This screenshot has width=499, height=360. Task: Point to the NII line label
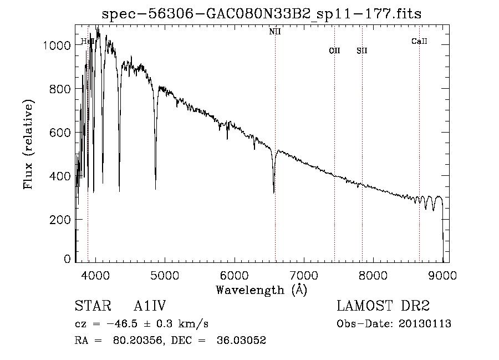point(274,32)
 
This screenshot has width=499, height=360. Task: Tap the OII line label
point(334,51)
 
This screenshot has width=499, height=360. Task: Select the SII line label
point(362,51)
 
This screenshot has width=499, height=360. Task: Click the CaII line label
point(419,41)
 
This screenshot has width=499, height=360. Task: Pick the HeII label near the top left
point(87,41)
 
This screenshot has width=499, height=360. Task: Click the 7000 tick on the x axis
point(303,275)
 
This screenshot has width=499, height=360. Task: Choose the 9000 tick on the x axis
point(442,275)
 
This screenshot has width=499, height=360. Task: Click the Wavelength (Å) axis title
point(261,290)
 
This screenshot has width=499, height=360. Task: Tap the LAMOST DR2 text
point(383,306)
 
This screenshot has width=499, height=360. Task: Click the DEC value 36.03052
point(243,341)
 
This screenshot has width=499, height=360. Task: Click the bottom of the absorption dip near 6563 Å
point(274,192)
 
